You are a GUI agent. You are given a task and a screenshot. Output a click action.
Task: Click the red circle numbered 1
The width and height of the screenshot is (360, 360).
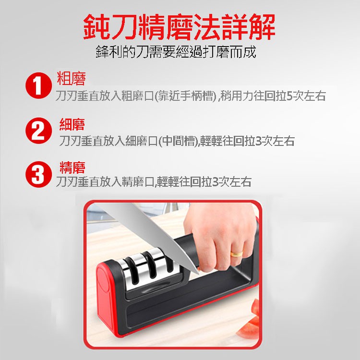coord(38,85)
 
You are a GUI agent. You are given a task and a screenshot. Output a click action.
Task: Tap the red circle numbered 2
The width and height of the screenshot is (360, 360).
coord(38,131)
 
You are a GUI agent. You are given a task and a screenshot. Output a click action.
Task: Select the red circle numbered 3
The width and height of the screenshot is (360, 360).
coord(38,174)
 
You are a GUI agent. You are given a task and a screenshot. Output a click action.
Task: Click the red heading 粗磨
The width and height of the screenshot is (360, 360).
coord(72,79)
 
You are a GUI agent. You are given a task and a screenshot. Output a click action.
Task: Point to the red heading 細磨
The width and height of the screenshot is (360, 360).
coord(72,124)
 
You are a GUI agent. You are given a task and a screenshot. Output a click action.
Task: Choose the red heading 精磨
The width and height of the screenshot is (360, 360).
coord(72,168)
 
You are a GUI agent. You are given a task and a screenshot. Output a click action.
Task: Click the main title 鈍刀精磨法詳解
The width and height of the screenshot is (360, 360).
coord(180,27)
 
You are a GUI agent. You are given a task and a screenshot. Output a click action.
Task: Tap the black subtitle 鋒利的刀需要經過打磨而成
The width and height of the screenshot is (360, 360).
coord(176,52)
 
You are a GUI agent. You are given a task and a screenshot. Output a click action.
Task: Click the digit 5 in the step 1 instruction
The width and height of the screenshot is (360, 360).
coord(290,96)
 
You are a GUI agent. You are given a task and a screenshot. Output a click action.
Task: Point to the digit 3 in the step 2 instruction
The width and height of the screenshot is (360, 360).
coord(259,141)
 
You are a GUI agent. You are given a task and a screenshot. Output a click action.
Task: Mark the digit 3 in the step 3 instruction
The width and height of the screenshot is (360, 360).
coord(215,182)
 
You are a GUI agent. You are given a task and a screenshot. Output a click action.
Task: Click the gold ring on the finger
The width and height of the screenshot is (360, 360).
coord(237,254)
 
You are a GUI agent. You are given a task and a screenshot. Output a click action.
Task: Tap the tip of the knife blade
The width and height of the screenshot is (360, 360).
coord(199,275)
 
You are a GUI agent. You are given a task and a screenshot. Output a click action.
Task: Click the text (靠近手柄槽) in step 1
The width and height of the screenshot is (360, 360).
coord(185,96)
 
